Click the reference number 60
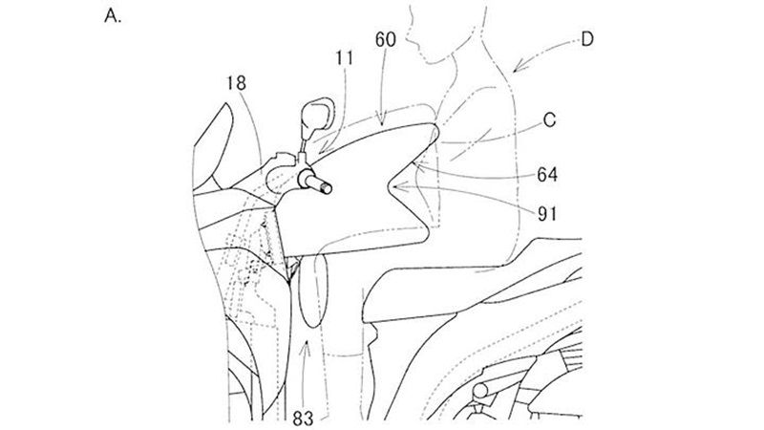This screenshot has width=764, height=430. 386,39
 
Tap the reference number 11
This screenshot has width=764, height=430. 345,58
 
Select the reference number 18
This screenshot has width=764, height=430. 236,83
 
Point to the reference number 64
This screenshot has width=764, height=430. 547,175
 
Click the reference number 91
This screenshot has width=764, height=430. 546,213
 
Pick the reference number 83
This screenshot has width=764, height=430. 303,419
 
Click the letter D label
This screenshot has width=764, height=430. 587,39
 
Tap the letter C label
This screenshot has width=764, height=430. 549,120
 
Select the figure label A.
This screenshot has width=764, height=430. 113,16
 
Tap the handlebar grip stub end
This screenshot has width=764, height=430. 327,187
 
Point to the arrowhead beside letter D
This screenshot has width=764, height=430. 519,66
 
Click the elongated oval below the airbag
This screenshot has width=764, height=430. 314,291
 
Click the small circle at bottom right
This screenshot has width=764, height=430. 481,391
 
